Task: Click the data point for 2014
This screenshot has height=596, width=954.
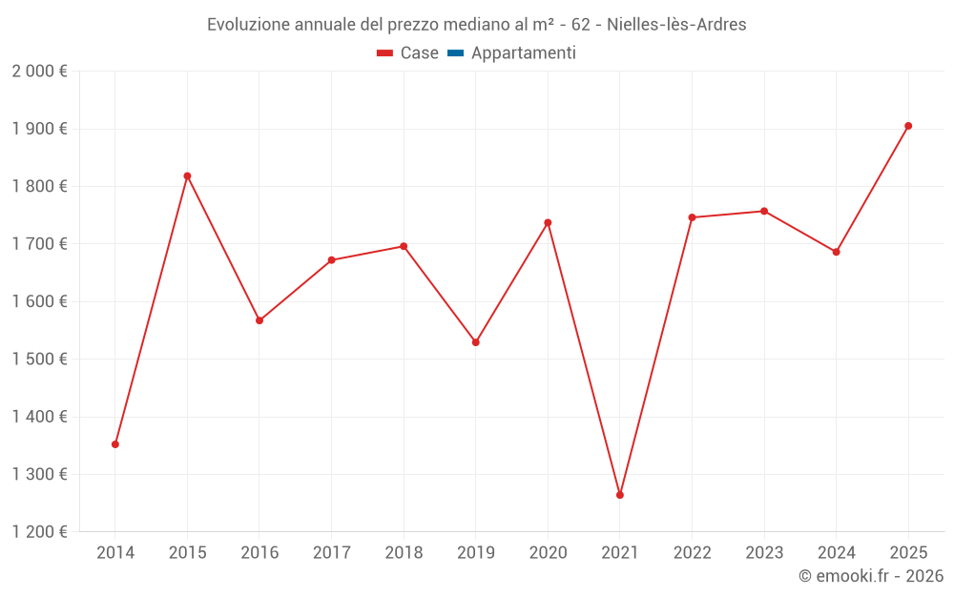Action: [115, 444]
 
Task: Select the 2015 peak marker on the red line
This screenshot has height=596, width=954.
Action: [187, 175]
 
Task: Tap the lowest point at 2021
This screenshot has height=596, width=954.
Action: [620, 495]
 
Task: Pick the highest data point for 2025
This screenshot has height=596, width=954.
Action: [908, 126]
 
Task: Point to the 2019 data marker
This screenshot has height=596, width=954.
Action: [476, 342]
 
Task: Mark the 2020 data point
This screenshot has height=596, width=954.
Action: [548, 223]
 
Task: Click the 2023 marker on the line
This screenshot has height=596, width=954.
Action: [764, 211]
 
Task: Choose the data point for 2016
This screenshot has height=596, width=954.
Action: [259, 320]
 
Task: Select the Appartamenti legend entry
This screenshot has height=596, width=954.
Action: [523, 53]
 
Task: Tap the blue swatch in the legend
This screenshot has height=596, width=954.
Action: [455, 53]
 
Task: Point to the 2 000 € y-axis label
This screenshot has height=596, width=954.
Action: [39, 72]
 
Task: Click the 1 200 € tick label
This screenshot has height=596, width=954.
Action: [39, 532]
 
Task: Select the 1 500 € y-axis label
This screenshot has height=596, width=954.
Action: [39, 360]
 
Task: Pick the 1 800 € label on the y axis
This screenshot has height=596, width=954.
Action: [39, 187]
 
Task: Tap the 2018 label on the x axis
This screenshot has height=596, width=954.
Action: [404, 552]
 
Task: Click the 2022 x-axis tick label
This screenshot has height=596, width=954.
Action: [692, 552]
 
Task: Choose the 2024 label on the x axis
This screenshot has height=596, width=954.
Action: [836, 552]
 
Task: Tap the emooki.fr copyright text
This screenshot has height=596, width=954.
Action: [871, 576]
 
